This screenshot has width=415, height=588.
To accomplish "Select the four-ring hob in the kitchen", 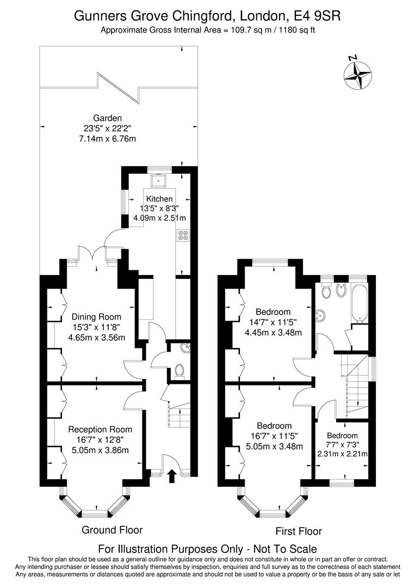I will coord(183,235).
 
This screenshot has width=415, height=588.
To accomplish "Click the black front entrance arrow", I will coord(172,477).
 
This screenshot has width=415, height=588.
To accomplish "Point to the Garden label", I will coord(107,118).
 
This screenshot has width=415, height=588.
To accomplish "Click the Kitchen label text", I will coord(159,199).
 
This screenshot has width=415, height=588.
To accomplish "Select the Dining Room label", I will coord(96,317).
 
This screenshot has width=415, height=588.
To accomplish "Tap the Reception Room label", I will coord(100,430).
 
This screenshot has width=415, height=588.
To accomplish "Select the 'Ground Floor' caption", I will coord(112,530).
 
